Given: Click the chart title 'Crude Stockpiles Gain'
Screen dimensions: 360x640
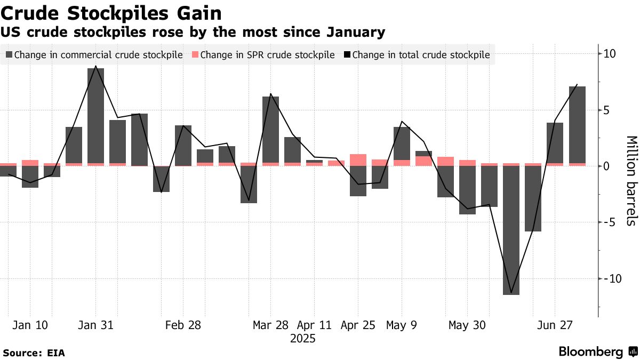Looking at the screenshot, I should click(x=111, y=13).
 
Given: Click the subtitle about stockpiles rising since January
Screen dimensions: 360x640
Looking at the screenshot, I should click(x=193, y=33).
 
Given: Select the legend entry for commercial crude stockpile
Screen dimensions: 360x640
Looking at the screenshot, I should click(x=94, y=54).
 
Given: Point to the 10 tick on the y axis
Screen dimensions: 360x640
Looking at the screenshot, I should click(x=610, y=54).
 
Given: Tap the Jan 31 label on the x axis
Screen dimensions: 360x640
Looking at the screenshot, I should click(x=95, y=325).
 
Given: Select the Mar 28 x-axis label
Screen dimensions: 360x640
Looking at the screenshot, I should click(x=270, y=325).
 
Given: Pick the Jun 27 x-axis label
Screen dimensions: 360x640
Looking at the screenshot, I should click(x=555, y=325).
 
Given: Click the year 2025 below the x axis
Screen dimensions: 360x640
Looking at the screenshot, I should click(x=302, y=339).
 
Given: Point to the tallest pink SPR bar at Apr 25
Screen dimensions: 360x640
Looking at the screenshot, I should click(x=358, y=160).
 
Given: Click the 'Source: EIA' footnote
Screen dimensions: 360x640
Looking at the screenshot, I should click(x=34, y=353).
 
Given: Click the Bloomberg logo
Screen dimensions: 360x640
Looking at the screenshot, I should click(x=597, y=352).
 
